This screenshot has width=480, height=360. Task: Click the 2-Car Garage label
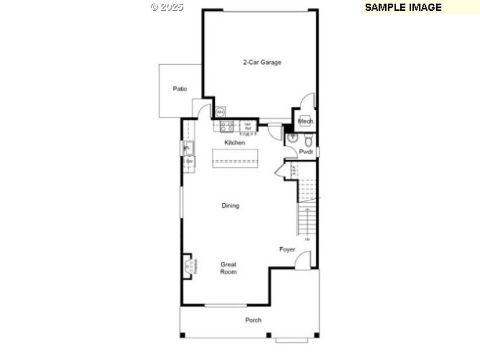[x=262, y=62]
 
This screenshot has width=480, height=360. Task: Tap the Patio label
[x=180, y=89]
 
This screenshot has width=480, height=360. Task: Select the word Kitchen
[x=235, y=143]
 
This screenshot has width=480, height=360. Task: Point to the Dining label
[x=230, y=206]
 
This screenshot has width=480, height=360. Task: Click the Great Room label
[x=228, y=268]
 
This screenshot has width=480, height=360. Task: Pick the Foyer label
[x=287, y=250]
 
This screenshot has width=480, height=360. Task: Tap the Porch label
[x=253, y=320]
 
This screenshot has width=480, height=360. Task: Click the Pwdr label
[x=306, y=152]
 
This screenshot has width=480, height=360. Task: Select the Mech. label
[x=306, y=121]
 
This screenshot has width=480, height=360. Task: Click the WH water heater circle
[x=220, y=112]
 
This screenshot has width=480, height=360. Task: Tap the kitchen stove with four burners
[x=226, y=126]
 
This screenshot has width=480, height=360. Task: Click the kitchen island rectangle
[x=235, y=158]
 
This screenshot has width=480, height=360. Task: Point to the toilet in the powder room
[x=308, y=141]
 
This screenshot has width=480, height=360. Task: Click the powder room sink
[x=293, y=138]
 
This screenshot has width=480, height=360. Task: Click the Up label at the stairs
[x=308, y=240]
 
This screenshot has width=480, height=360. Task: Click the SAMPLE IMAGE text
[x=403, y=7]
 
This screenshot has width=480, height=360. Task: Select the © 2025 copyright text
[x=167, y=7]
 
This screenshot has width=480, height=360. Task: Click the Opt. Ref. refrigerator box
[x=247, y=125]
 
